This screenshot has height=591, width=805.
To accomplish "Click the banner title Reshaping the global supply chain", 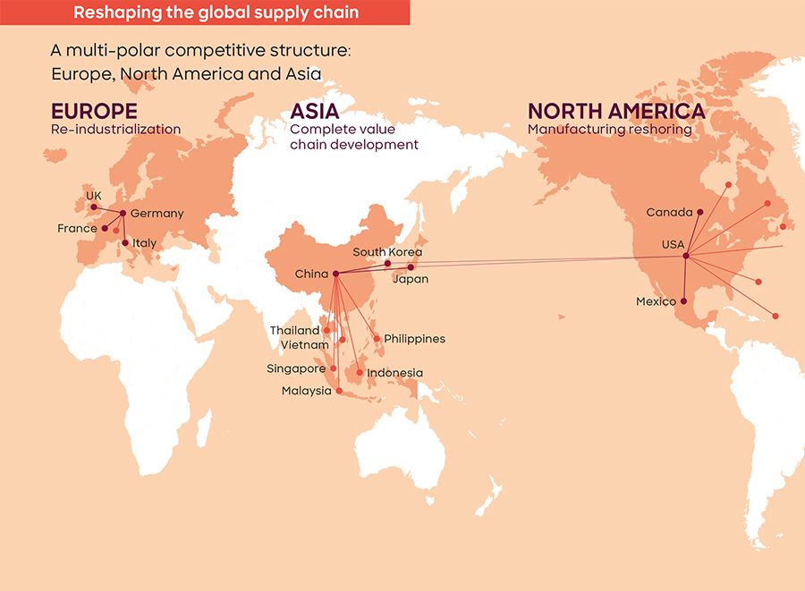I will pos(216,13).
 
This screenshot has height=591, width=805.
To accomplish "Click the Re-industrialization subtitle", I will pos(115,130).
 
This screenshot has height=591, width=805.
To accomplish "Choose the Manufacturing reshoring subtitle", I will pos(609,130).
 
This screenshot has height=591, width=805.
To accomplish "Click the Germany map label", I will pos(157,214).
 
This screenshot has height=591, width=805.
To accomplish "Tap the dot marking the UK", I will pos(94,207).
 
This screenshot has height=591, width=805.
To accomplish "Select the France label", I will pos(77,229).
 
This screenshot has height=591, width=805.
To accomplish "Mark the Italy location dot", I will pos(125,242).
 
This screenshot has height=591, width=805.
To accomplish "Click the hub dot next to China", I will pos(335,274).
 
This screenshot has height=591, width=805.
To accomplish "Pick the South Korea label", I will pos(387,252).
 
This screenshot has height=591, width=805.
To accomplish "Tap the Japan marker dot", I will pos(411,267).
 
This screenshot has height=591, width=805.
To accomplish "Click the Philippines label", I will pos(414,339).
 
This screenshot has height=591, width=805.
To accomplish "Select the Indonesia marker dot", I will pos(360,372).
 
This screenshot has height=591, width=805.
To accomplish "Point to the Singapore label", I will pos(295,368).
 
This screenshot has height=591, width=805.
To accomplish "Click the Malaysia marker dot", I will pos(339,391).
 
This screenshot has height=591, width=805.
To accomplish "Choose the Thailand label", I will pos(294,331).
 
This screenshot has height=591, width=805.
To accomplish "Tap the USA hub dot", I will pos(685,257).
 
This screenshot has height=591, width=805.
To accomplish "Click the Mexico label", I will pos(656,301).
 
